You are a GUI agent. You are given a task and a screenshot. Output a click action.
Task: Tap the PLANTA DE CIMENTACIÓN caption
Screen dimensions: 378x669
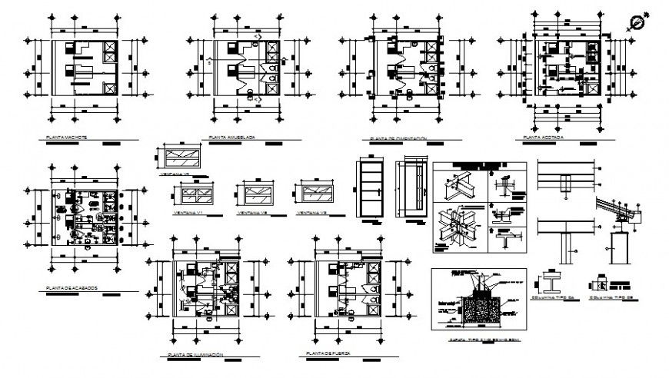pyautogui.click(x=398, y=139)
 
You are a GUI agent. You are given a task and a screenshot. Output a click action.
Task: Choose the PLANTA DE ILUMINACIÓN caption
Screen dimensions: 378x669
pyautogui.click(x=195, y=354)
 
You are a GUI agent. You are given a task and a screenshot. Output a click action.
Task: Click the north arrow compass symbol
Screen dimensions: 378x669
pyautogui.click(x=636, y=22)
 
